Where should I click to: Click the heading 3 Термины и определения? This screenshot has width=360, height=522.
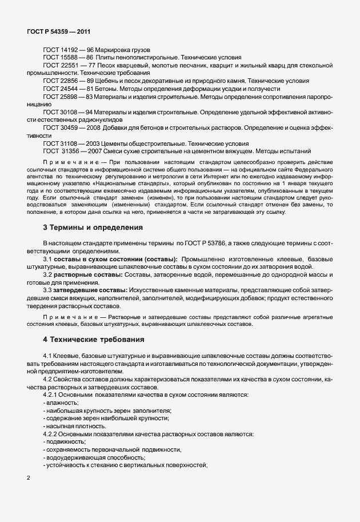pos(93,228)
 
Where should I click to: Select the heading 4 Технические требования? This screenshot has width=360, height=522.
pos(94,340)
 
